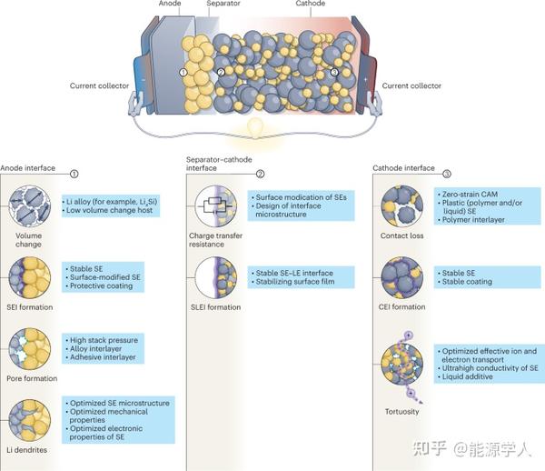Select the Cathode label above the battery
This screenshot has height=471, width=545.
point(310,4)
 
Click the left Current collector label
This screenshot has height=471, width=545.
point(100,86)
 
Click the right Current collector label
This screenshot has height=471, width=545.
point(412,86)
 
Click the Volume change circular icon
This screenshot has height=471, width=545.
point(28,205)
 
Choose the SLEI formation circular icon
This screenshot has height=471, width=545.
point(215,278)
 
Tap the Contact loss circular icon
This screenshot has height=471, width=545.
point(402,205)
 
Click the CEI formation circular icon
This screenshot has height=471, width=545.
point(402,276)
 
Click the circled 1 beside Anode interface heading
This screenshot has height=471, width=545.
point(74,172)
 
